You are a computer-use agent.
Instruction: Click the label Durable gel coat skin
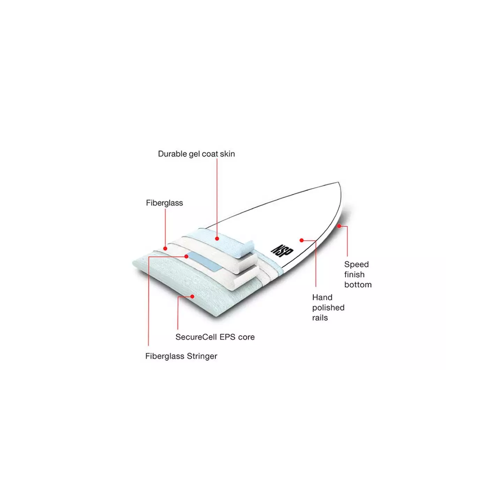(196, 154)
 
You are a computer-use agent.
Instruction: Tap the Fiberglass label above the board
(164, 203)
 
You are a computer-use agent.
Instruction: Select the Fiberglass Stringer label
(181, 356)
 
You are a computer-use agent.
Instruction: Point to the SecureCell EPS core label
(215, 337)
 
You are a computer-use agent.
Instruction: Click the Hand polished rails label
(328, 308)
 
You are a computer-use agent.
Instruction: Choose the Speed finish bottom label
(358, 275)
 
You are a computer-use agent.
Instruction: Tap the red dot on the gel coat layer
(217, 239)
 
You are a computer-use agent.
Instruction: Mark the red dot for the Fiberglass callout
(165, 249)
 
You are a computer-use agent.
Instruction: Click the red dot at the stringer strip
(186, 256)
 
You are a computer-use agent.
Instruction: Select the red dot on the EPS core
(192, 296)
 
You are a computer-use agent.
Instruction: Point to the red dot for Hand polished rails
(301, 240)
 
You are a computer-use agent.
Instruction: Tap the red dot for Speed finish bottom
(339, 226)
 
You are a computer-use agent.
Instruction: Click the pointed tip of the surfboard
(338, 182)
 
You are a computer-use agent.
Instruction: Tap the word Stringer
(202, 356)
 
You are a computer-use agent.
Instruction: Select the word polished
(328, 308)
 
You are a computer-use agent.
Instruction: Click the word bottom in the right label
(358, 285)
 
